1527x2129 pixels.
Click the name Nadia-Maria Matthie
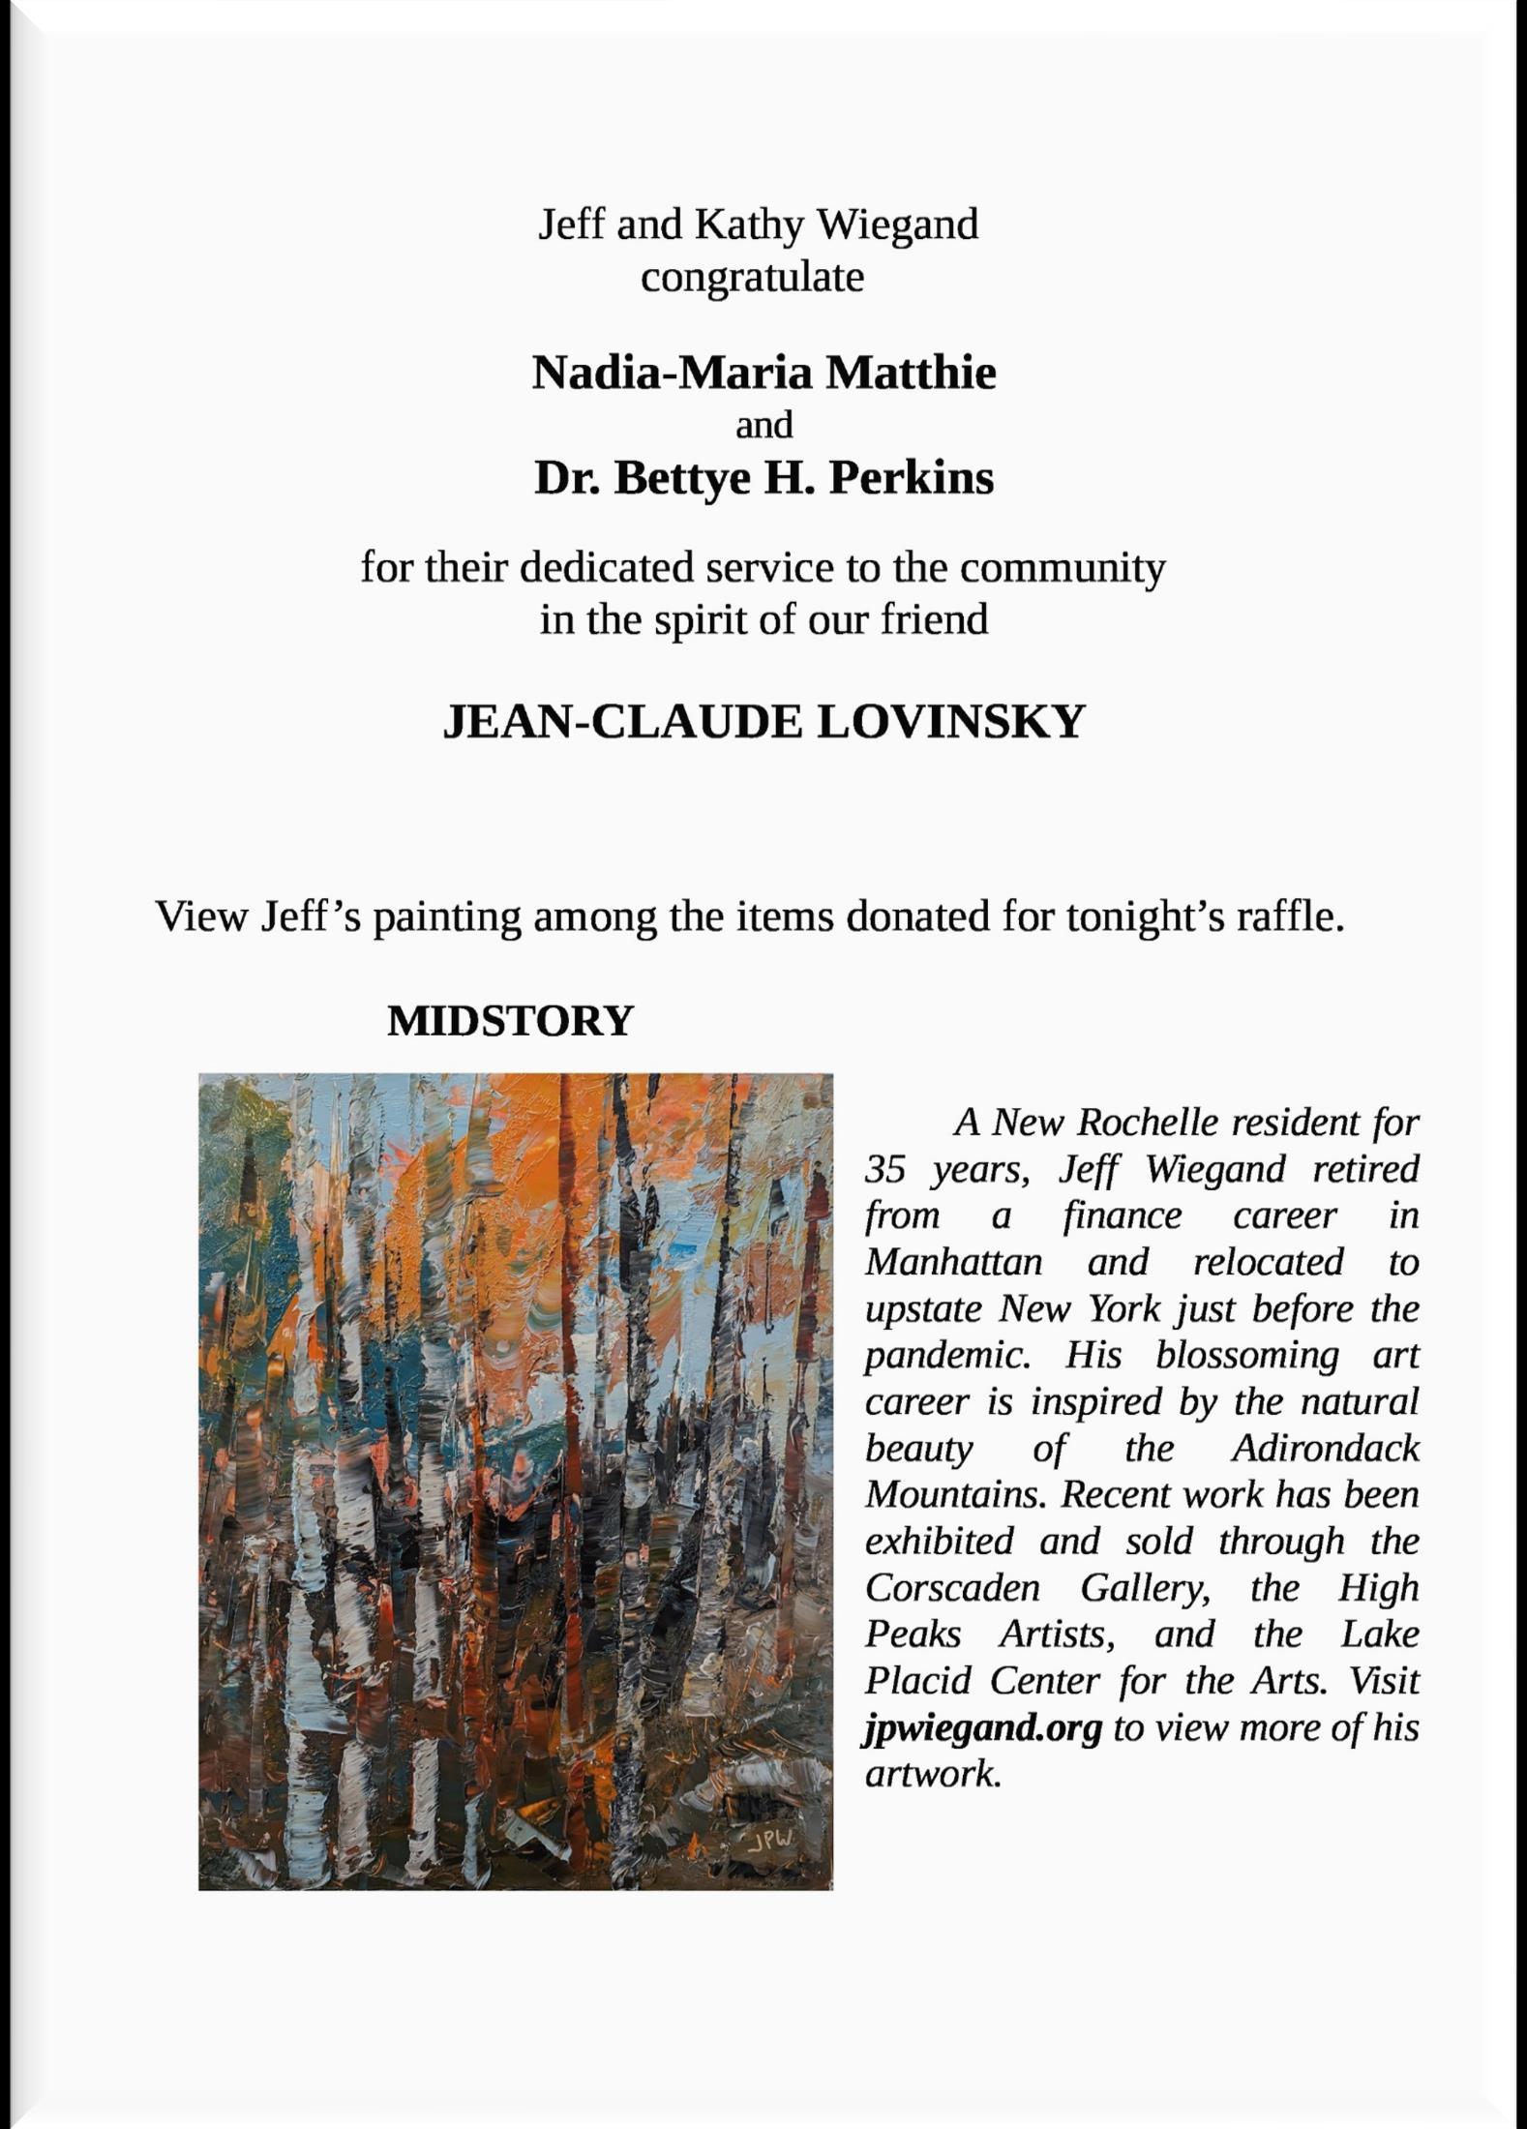763,373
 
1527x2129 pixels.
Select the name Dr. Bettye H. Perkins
763,477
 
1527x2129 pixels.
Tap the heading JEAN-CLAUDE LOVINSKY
763,722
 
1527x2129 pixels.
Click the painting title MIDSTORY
510,1021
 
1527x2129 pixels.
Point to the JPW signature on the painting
770,1839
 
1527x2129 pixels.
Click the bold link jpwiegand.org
982,1727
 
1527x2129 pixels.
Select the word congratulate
752,278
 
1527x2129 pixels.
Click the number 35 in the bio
885,1170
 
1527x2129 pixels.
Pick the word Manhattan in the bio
953,1263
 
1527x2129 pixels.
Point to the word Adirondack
1325,1449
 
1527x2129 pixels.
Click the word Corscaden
953,1588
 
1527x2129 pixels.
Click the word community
1062,568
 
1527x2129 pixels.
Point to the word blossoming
1247,1356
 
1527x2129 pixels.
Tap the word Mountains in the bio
955,1495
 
